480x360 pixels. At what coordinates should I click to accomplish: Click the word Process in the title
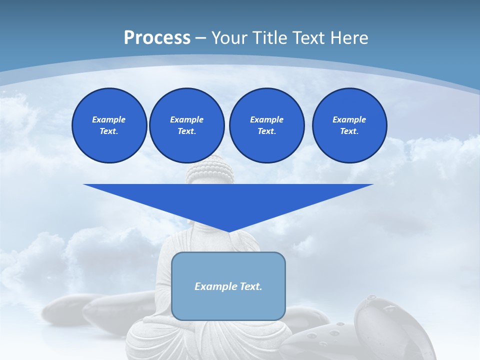point(157,38)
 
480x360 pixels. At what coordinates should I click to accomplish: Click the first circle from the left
point(109,125)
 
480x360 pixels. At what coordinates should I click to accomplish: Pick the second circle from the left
point(186,125)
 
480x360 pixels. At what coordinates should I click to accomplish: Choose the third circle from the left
point(266,125)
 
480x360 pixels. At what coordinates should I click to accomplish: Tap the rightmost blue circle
point(349,125)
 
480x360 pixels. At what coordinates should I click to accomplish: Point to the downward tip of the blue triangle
point(228,232)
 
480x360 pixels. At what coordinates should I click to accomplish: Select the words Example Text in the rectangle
point(228,286)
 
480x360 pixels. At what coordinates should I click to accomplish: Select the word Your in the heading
point(228,38)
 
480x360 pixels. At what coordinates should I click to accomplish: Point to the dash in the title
point(200,38)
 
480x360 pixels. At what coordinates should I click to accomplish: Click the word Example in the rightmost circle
point(349,119)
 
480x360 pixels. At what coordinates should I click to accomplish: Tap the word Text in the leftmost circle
point(109,131)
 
